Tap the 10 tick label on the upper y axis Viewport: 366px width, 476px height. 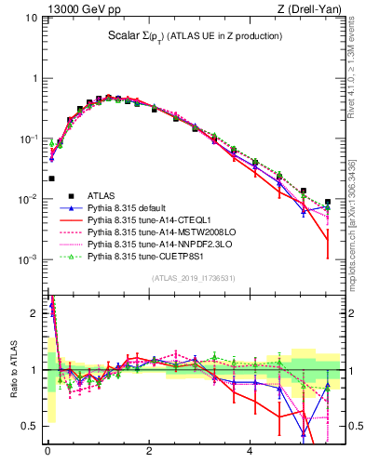click(x=30, y=18)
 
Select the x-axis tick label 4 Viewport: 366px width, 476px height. click(x=250, y=458)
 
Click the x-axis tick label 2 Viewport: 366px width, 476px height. click(x=149, y=458)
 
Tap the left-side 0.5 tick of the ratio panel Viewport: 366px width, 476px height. click(x=28, y=426)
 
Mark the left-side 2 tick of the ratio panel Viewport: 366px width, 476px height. click(x=33, y=312)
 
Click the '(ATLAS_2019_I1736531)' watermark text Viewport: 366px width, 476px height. click(x=192, y=278)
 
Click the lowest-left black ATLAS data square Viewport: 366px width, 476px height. click(x=51, y=178)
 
